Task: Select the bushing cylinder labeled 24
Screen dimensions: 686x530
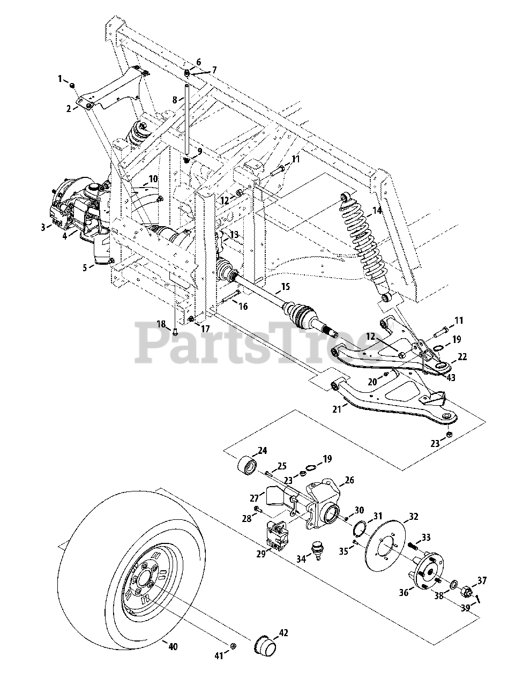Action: click(248, 465)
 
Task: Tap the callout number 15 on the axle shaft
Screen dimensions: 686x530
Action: click(285, 287)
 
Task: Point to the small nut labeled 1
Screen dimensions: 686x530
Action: click(72, 86)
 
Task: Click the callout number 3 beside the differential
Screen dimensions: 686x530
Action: click(42, 227)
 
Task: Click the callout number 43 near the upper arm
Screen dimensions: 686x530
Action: click(451, 378)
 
